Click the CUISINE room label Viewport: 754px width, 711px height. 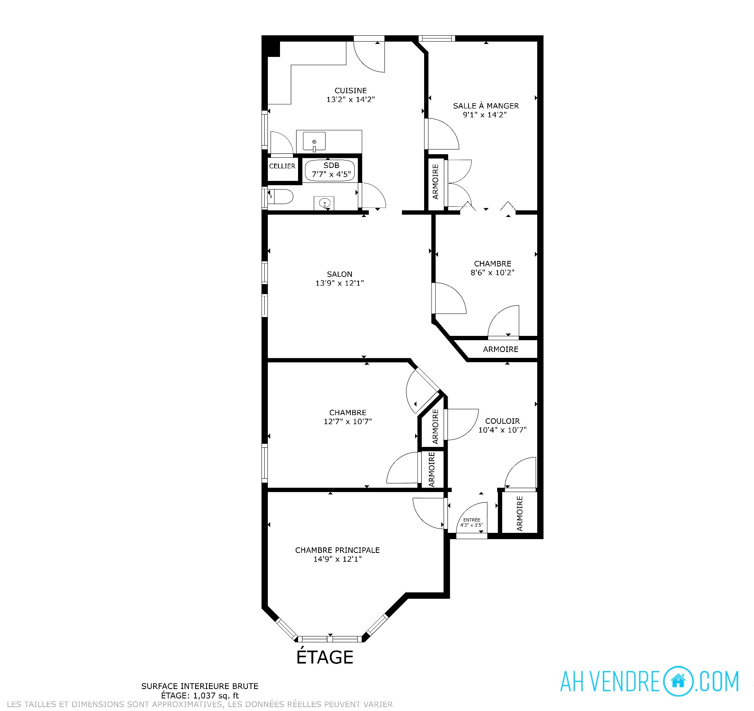tap(351, 91)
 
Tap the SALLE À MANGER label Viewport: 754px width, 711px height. tap(486, 106)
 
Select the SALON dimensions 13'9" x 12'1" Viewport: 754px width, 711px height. tap(340, 283)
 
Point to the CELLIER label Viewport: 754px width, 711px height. tap(282, 166)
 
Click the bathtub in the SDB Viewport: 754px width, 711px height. tap(331, 170)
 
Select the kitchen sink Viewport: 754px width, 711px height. tap(314, 142)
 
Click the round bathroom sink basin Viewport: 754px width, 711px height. tap(325, 203)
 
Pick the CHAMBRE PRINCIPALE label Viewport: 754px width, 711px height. tap(337, 550)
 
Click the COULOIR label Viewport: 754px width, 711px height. tap(502, 421)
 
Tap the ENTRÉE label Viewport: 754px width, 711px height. tap(472, 520)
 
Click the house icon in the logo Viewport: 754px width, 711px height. tap(678, 681)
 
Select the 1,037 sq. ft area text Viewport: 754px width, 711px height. tap(216, 696)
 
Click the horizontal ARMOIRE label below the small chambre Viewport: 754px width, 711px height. tap(500, 349)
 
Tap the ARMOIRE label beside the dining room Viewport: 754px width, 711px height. tap(435, 182)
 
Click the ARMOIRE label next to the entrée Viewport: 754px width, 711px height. tap(520, 514)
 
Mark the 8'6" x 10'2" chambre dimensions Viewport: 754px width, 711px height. tap(492, 272)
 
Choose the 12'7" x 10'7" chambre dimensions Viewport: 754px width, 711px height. tap(348, 421)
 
